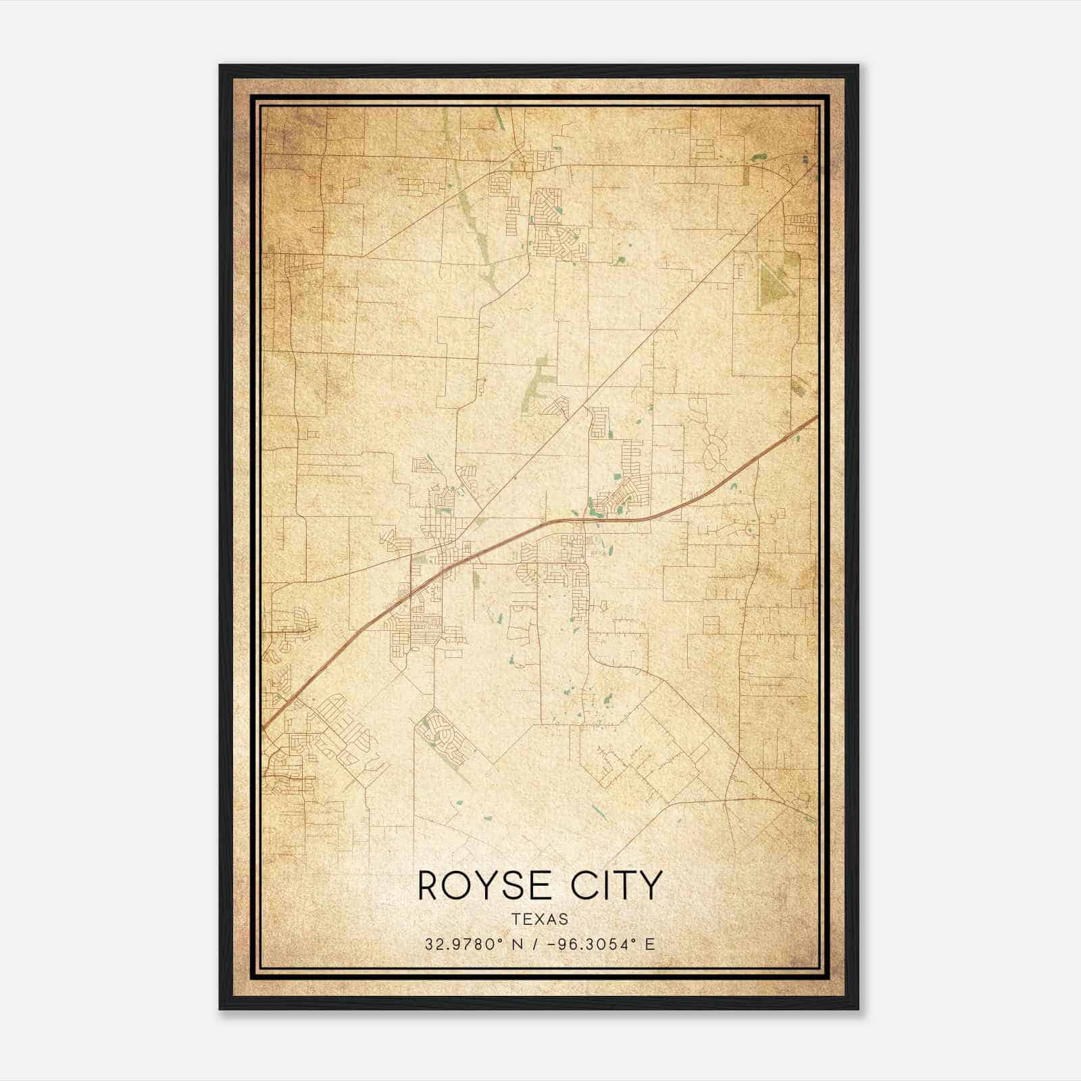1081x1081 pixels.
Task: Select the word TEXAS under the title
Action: (x=540, y=920)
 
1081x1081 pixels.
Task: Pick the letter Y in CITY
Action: (x=650, y=886)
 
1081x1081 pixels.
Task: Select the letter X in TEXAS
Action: (x=540, y=920)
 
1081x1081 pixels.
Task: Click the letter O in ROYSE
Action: (x=454, y=886)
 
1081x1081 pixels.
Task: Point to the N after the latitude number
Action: (x=518, y=945)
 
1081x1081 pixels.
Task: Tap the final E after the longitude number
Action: (x=650, y=945)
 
